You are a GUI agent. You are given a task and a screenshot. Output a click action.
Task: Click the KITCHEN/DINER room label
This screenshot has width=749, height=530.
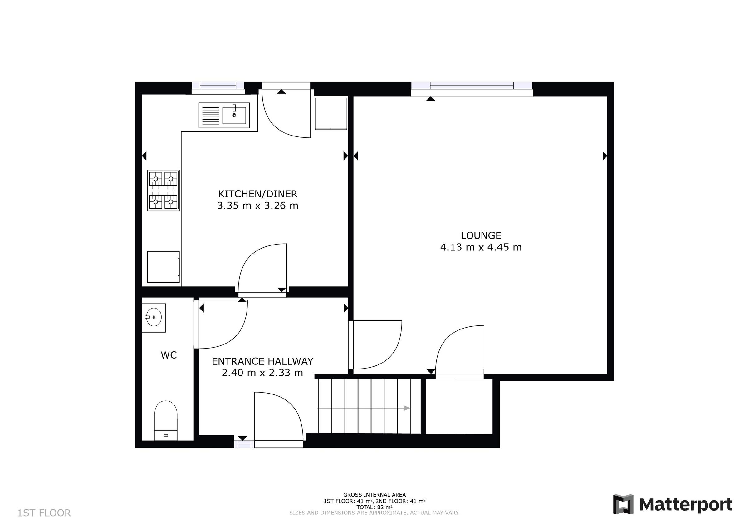tap(257, 194)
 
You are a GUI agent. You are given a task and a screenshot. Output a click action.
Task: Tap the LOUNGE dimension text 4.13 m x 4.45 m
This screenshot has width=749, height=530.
tap(481, 247)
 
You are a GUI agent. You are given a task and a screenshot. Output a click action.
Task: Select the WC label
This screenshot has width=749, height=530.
tap(169, 355)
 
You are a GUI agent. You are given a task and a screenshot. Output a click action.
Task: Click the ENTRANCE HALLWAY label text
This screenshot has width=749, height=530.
tap(262, 361)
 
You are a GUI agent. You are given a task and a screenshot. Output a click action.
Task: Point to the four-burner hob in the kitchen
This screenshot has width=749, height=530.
tap(163, 190)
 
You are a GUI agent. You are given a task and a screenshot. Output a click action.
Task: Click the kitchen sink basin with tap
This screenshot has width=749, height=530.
tap(234, 115)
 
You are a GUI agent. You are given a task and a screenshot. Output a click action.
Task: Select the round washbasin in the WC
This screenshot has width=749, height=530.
tap(153, 317)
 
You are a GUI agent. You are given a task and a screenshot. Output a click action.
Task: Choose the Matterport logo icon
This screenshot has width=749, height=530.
tap(623, 504)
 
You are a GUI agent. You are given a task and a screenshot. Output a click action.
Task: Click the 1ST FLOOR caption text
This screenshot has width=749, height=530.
tap(44, 513)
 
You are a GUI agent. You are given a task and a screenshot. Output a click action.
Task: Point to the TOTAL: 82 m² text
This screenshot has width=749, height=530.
tap(374, 507)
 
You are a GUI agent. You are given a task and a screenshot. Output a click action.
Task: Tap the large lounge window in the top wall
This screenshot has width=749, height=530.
tap(471, 86)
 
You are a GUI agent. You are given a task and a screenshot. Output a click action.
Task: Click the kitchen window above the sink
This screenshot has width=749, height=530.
tap(218, 86)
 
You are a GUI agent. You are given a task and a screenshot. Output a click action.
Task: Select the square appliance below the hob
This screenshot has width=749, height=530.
tap(163, 267)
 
